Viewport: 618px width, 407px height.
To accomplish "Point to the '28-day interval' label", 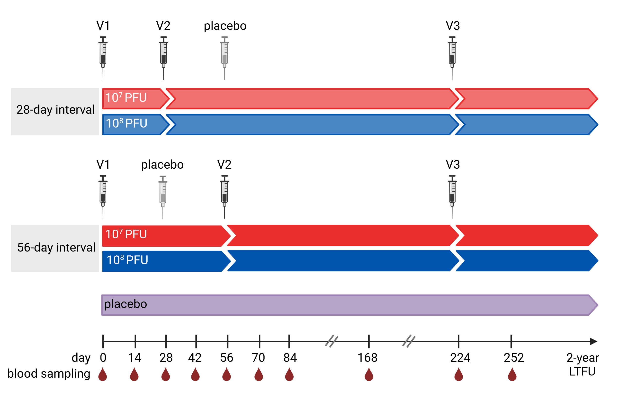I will point(55,110).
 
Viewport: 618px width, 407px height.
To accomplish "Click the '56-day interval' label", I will point(56,248).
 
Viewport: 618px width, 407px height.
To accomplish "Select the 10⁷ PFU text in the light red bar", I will point(126,98).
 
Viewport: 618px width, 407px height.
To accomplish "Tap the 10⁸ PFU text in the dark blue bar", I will point(127,260).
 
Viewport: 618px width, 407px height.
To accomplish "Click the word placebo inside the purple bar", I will point(126,304).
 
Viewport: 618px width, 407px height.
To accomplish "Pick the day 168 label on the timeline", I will point(367,358).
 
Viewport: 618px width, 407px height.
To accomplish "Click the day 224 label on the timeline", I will point(460,358).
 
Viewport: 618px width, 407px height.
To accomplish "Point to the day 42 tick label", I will point(195,358).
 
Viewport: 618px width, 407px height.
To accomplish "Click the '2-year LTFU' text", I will point(582,365).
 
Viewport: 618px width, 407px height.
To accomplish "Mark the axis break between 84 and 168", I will point(331,341).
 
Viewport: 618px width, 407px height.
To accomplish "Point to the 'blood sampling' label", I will point(49,374).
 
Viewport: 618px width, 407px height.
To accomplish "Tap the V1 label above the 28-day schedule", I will point(103,26).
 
